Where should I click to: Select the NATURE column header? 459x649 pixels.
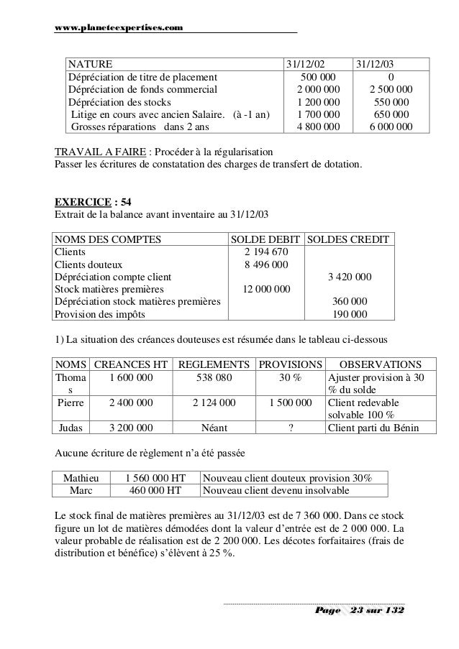91,63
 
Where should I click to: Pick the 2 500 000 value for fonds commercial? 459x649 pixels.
390,89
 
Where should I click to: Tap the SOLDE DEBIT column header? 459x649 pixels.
265,239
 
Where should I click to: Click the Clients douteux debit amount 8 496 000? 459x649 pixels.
267,264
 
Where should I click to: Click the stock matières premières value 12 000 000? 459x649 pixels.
266,290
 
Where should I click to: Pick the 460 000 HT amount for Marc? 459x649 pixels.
154,491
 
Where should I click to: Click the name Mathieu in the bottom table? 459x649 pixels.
83,478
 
